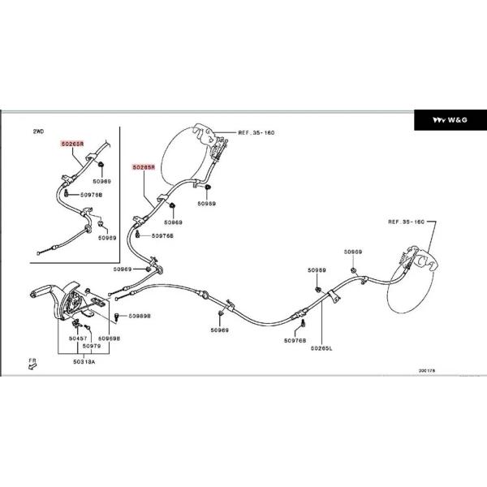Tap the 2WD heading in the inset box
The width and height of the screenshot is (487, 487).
pos(38,131)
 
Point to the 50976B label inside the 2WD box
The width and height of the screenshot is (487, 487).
pos(90,195)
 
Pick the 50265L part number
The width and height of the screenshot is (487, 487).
pos(321,349)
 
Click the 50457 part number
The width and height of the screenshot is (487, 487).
pos(78,337)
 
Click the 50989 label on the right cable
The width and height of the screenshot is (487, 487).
pos(317,269)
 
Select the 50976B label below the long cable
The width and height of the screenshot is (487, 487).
pos(295,341)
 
